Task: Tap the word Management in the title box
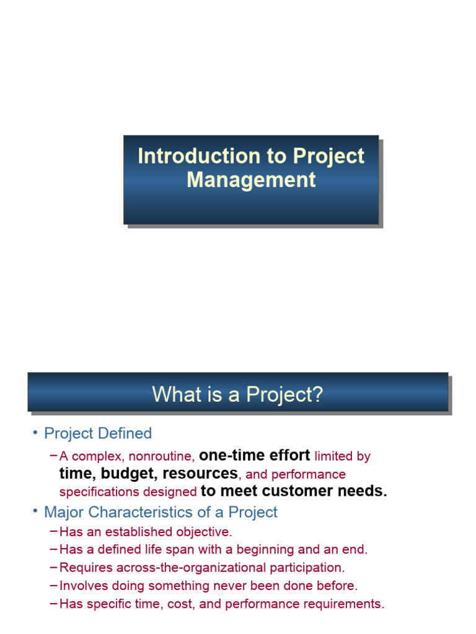251,180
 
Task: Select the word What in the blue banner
173,394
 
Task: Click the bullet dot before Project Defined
35,433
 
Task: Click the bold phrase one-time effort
254,456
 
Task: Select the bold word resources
200,474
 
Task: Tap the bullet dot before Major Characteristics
35,512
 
